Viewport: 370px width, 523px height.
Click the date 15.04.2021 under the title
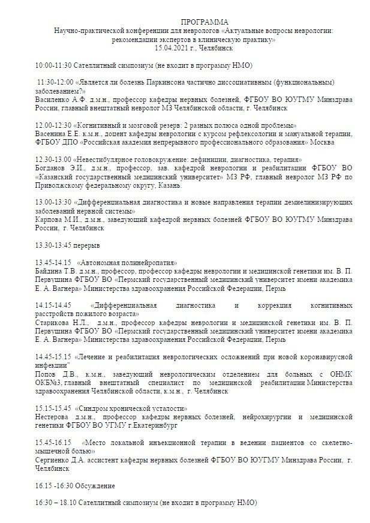(173, 47)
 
